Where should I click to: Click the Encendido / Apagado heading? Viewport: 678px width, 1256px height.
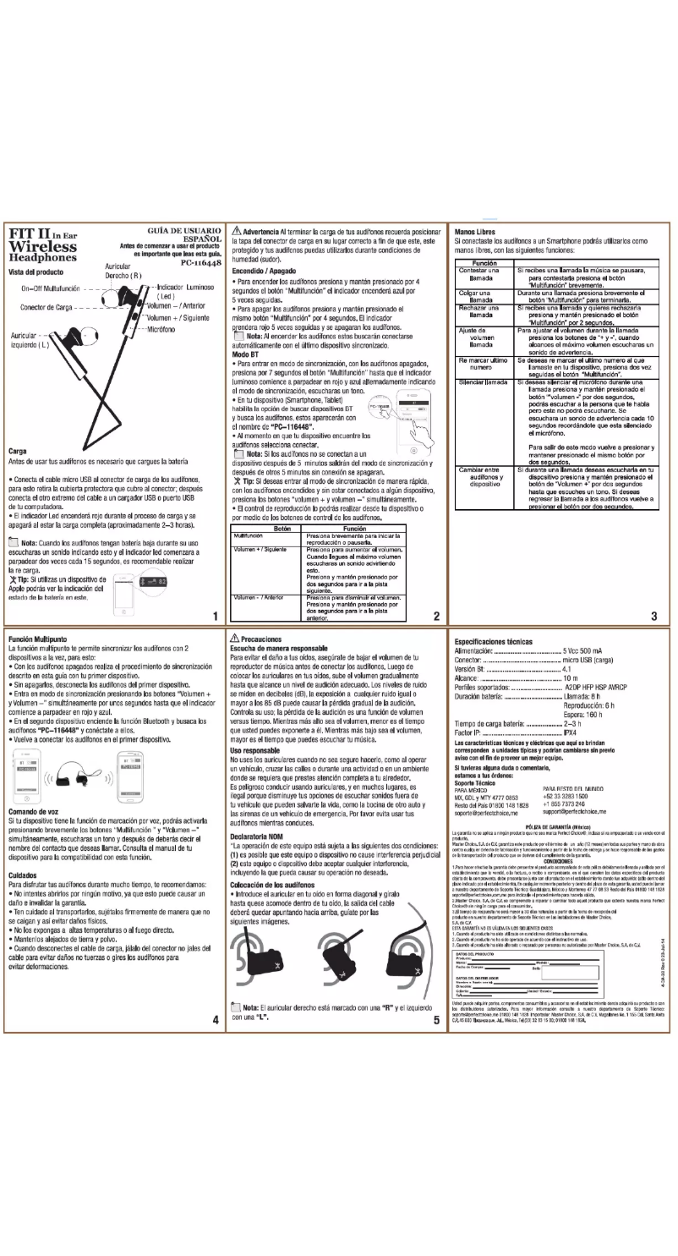point(267,271)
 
